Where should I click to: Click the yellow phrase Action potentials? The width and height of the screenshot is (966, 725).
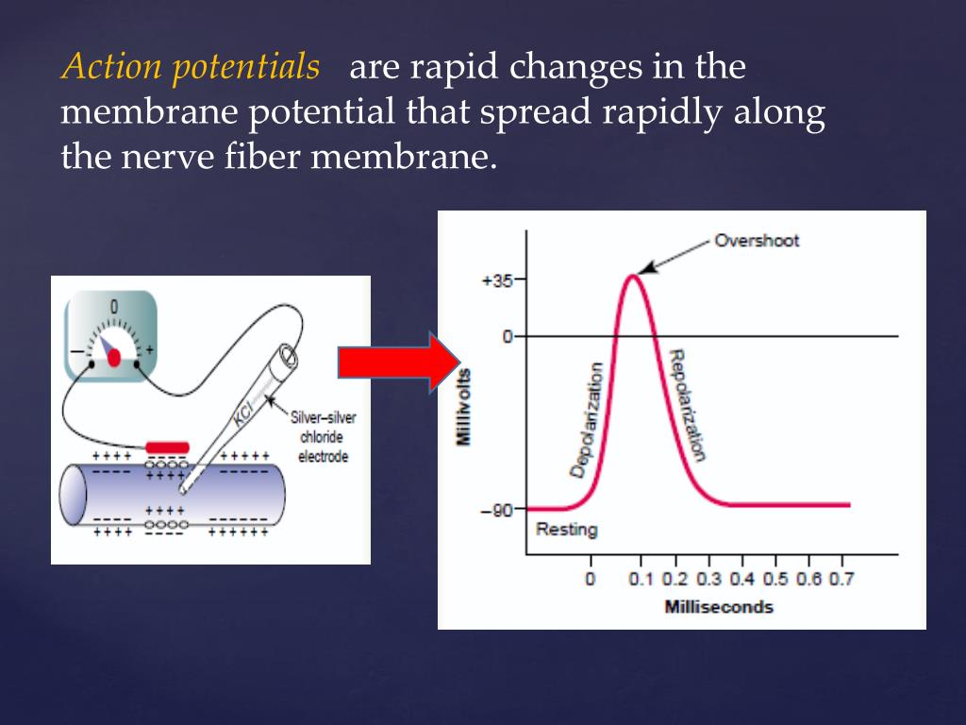tap(190, 68)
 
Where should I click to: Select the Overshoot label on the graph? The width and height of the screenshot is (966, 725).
tap(756, 240)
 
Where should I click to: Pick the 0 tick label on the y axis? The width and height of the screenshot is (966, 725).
tap(507, 336)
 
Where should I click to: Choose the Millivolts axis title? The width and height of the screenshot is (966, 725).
tap(464, 407)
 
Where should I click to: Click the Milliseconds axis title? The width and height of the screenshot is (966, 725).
tap(719, 606)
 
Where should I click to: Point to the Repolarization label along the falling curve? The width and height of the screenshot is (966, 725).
tap(686, 405)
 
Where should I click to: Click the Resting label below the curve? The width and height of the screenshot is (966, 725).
tap(566, 529)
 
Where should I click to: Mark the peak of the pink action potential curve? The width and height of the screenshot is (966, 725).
tap(633, 275)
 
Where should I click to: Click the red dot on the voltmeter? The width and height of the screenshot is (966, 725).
tap(114, 358)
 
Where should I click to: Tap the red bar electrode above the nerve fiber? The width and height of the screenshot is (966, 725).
tap(167, 447)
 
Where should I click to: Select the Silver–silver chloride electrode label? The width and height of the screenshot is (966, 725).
tap(324, 437)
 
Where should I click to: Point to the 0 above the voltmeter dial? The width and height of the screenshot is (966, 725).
tap(114, 307)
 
